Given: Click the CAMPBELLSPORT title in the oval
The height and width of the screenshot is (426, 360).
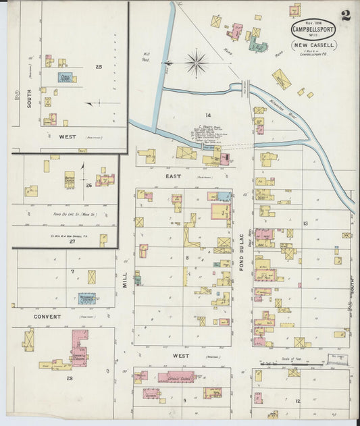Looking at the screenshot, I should [313, 30].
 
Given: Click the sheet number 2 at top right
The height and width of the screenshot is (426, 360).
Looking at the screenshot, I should [346, 16].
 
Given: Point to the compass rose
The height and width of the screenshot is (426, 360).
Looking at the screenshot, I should [196, 63].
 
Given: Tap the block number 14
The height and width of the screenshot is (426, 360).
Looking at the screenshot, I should [199, 115].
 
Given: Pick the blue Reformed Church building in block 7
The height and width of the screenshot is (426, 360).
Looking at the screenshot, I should [86, 298].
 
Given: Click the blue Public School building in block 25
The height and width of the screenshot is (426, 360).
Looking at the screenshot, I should [65, 78].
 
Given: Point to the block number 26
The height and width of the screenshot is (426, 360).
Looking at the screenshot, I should [88, 184].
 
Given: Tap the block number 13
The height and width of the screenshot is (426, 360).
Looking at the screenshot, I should [305, 223].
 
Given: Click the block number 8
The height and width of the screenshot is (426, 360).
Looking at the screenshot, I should [187, 257].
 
